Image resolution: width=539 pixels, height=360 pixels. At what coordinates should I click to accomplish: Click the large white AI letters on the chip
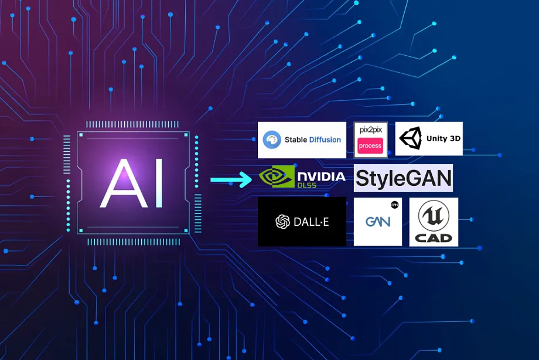132,182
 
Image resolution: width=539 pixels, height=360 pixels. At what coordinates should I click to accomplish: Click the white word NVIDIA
321,175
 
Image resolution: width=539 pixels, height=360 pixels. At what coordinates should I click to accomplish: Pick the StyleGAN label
403,178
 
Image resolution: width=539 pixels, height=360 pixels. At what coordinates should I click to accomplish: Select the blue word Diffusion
325,140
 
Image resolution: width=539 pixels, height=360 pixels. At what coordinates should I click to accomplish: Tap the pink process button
370,145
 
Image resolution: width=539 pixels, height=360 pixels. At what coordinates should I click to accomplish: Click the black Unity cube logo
411,139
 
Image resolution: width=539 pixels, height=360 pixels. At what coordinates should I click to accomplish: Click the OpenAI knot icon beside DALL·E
283,222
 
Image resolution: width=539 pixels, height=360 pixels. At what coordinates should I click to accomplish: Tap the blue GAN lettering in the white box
377,222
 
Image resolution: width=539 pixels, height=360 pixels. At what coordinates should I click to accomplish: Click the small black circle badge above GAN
394,205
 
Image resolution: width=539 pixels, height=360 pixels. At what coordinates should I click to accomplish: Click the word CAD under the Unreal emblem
434,238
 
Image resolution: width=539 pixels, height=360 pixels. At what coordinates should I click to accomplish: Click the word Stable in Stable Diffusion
296,140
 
